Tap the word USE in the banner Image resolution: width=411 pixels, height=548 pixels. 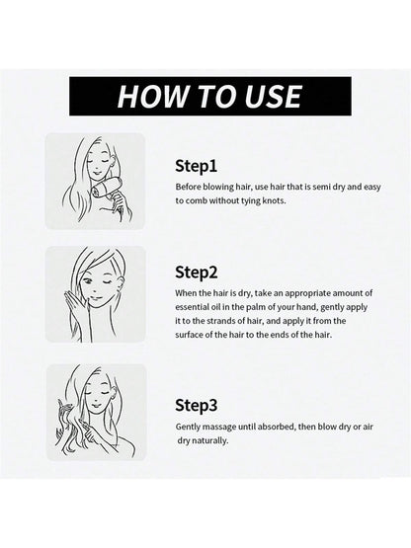click(x=274, y=96)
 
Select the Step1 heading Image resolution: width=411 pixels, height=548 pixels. click(x=197, y=166)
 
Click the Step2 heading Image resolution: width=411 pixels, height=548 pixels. click(x=197, y=273)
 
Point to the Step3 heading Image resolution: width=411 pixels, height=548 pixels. click(x=197, y=406)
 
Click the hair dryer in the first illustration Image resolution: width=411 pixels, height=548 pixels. click(x=106, y=189)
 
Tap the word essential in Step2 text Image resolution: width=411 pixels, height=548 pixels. click(x=192, y=307)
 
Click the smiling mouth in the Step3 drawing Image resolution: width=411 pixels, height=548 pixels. click(x=96, y=406)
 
